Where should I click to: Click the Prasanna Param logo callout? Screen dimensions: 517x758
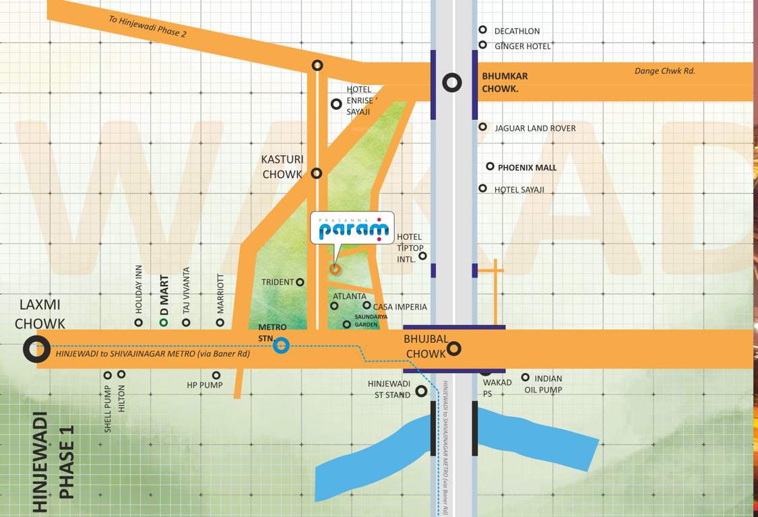(x=352, y=228)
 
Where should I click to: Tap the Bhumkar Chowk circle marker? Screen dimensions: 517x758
(x=452, y=83)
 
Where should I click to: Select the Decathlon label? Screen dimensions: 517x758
(x=517, y=31)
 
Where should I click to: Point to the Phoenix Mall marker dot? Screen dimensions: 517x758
(x=490, y=166)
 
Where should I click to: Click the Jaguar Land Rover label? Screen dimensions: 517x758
(x=535, y=128)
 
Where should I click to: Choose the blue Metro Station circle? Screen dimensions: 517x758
(x=282, y=346)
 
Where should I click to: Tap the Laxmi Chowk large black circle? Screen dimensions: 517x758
(x=36, y=349)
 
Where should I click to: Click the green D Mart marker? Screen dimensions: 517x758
(x=163, y=322)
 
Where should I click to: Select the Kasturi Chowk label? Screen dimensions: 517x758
(x=282, y=167)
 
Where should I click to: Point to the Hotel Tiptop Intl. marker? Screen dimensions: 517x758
(x=423, y=256)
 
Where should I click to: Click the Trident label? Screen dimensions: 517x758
(x=278, y=282)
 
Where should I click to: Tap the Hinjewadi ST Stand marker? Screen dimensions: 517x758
(x=421, y=390)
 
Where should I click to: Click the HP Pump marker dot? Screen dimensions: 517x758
(x=216, y=376)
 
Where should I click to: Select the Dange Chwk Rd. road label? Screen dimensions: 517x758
(x=664, y=71)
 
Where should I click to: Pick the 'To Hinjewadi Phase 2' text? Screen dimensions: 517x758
(x=148, y=26)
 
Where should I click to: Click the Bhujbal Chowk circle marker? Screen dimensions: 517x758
(x=454, y=348)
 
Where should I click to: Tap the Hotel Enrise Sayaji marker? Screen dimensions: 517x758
(x=336, y=104)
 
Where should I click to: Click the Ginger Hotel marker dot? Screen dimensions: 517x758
(x=482, y=45)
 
